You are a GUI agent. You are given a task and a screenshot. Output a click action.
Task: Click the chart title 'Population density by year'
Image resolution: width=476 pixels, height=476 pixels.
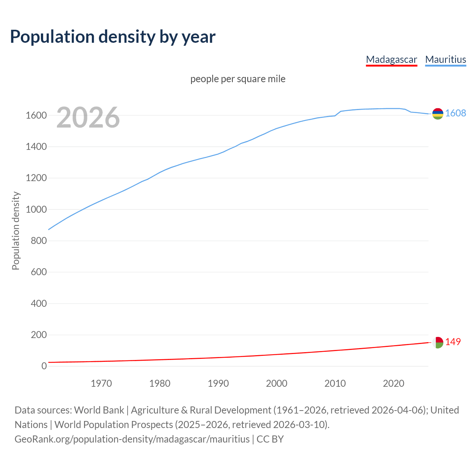coord(113,37)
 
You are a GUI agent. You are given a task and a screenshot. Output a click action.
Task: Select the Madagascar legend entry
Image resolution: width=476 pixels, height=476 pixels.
coord(391,59)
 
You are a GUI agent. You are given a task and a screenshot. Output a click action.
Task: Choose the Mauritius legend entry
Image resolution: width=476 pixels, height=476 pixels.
coord(446,59)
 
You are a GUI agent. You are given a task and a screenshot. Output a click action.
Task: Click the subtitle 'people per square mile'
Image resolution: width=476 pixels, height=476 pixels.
coord(238,79)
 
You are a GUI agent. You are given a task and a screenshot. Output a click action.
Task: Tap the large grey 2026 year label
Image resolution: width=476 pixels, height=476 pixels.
coord(88,118)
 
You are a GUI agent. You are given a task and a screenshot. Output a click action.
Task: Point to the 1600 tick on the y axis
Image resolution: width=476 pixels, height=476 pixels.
coord(36,116)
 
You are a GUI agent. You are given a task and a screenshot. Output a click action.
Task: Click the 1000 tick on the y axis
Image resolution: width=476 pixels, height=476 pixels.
coord(36,210)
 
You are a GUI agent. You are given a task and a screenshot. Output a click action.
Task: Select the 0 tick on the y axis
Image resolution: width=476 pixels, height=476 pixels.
coord(44,366)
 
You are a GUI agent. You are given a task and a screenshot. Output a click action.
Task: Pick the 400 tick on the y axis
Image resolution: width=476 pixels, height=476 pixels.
coord(39,304)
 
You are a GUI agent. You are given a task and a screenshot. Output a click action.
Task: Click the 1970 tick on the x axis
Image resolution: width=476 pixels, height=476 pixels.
coord(101,383)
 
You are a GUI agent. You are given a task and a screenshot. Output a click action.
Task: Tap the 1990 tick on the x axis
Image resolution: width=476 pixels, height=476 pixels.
coord(218,383)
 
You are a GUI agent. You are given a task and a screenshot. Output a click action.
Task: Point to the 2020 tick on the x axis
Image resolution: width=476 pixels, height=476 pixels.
coord(393,383)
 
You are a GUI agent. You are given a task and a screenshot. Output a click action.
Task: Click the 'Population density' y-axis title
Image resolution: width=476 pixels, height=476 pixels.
coord(16,231)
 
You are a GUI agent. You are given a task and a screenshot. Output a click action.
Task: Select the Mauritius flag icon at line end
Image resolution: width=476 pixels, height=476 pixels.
coord(438,114)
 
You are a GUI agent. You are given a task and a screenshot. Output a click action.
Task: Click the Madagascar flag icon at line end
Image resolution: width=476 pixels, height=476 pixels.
coord(438,342)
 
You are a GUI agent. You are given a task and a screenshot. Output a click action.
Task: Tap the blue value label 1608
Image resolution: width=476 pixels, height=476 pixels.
coord(456,113)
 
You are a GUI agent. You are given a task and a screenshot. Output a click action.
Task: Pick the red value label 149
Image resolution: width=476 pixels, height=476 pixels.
coord(453,342)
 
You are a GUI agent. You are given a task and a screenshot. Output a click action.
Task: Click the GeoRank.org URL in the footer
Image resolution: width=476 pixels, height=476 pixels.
coord(132,439)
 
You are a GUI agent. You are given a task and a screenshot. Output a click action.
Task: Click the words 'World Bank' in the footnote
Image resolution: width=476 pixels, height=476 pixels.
coord(99,410)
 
